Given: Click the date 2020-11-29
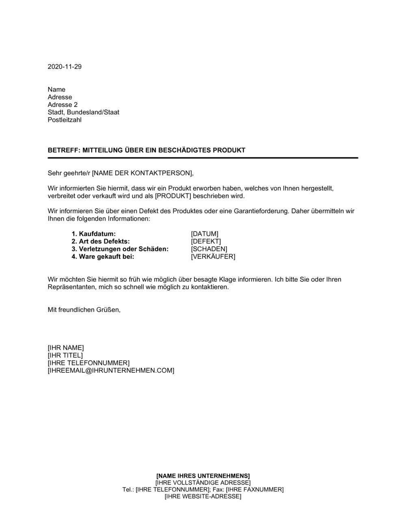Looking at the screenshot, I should (x=65, y=67).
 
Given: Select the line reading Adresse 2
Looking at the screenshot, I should (x=63, y=105).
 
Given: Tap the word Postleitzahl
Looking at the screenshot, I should (x=65, y=120).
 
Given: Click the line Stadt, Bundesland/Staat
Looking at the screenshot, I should (x=83, y=112).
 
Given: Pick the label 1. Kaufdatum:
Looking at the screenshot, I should (x=94, y=234).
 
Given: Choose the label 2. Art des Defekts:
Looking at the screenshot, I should (x=101, y=242).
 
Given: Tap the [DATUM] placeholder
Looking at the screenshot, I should (x=205, y=234).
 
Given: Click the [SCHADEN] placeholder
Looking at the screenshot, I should (x=209, y=249).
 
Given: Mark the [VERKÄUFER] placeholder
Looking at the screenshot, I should (x=213, y=257).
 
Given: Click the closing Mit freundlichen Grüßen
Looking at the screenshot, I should (x=84, y=310).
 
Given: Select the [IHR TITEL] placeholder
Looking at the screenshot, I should (x=65, y=356).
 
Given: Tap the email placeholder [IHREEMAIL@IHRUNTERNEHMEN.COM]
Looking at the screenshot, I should (x=111, y=371).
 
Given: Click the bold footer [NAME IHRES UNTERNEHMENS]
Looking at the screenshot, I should (x=203, y=476).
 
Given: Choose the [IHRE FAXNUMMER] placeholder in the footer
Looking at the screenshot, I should (x=255, y=489).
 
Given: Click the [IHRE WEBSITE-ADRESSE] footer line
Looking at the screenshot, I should (x=203, y=496).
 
